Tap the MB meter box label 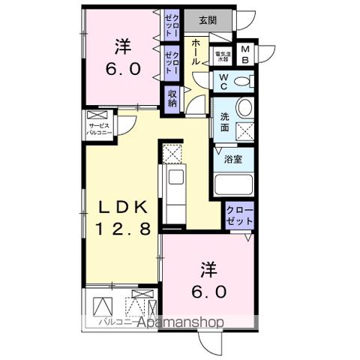click(245, 55)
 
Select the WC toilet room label click(223, 81)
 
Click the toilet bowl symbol click(242, 82)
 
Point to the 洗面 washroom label click(224, 121)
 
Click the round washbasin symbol click(244, 108)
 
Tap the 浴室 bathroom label click(233, 159)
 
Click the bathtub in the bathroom click(233, 184)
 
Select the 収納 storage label click(173, 98)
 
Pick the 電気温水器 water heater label click(223, 55)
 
